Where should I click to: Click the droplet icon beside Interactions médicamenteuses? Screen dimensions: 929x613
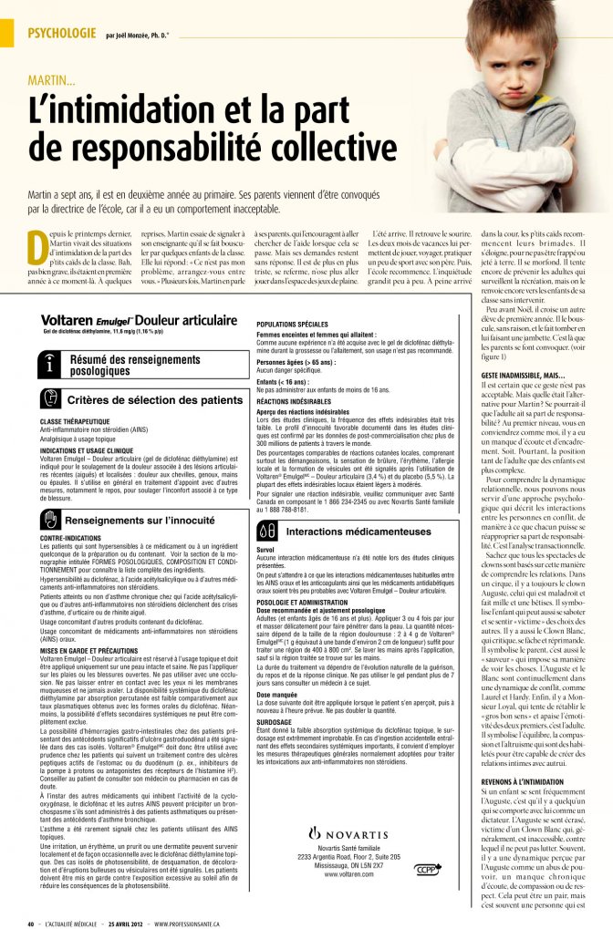coord(267,531)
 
